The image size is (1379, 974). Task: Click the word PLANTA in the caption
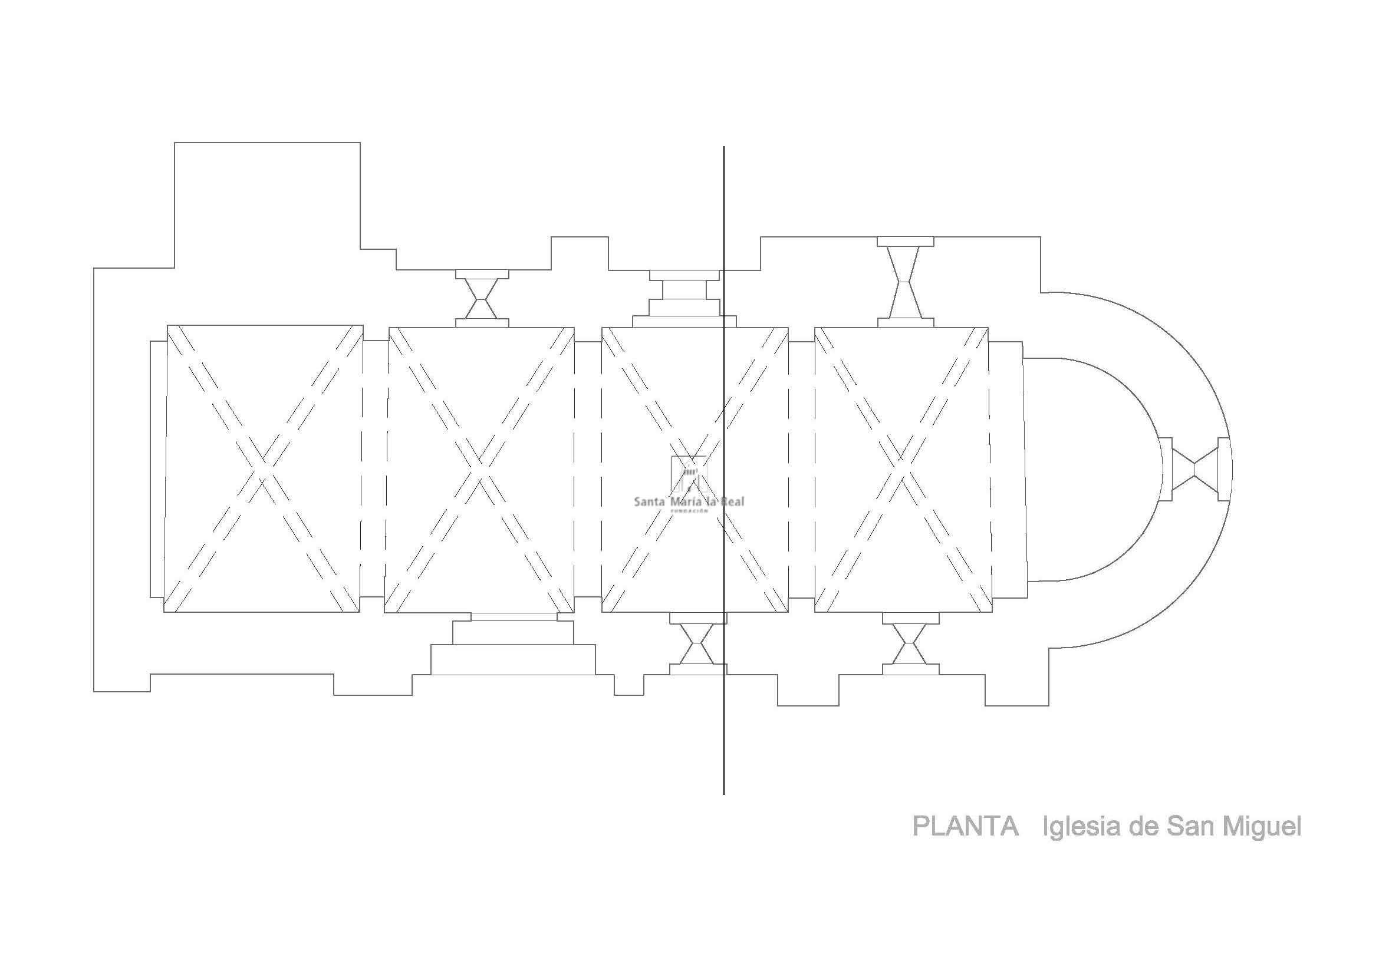tap(965, 827)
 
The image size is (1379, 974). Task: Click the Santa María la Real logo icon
tap(689, 475)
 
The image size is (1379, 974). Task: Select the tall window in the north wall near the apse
tap(906, 282)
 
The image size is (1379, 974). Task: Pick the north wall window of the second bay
tap(482, 298)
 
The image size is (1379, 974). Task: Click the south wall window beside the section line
tap(697, 643)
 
